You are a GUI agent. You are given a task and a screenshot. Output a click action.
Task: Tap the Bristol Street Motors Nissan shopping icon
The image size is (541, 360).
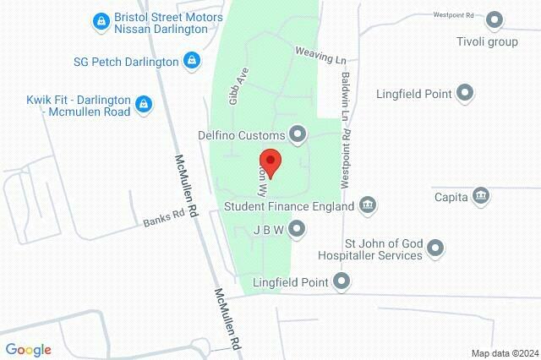(101, 19)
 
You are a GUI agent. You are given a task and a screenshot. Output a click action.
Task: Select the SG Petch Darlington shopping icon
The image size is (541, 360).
(192, 60)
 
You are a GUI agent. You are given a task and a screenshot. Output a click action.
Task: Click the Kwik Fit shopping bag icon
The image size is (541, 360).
(144, 103)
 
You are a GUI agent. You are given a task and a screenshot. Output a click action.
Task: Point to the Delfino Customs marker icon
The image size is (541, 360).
(297, 133)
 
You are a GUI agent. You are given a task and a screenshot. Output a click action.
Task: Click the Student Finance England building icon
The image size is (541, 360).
(368, 204)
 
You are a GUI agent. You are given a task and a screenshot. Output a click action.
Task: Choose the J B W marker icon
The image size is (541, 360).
(297, 228)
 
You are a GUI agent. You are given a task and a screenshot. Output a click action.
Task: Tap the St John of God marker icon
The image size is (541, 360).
(435, 248)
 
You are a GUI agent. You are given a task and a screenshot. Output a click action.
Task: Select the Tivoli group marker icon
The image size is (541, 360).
(495, 20)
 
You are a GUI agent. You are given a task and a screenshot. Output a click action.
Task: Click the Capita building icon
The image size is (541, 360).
(481, 195)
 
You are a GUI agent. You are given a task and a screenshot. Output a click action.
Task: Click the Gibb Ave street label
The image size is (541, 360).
(237, 88)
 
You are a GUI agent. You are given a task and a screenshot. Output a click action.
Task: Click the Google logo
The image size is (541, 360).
(29, 350)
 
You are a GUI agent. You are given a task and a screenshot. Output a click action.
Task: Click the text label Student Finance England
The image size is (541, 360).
(288, 205)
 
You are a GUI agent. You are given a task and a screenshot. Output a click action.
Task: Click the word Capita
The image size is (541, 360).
(452, 196)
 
